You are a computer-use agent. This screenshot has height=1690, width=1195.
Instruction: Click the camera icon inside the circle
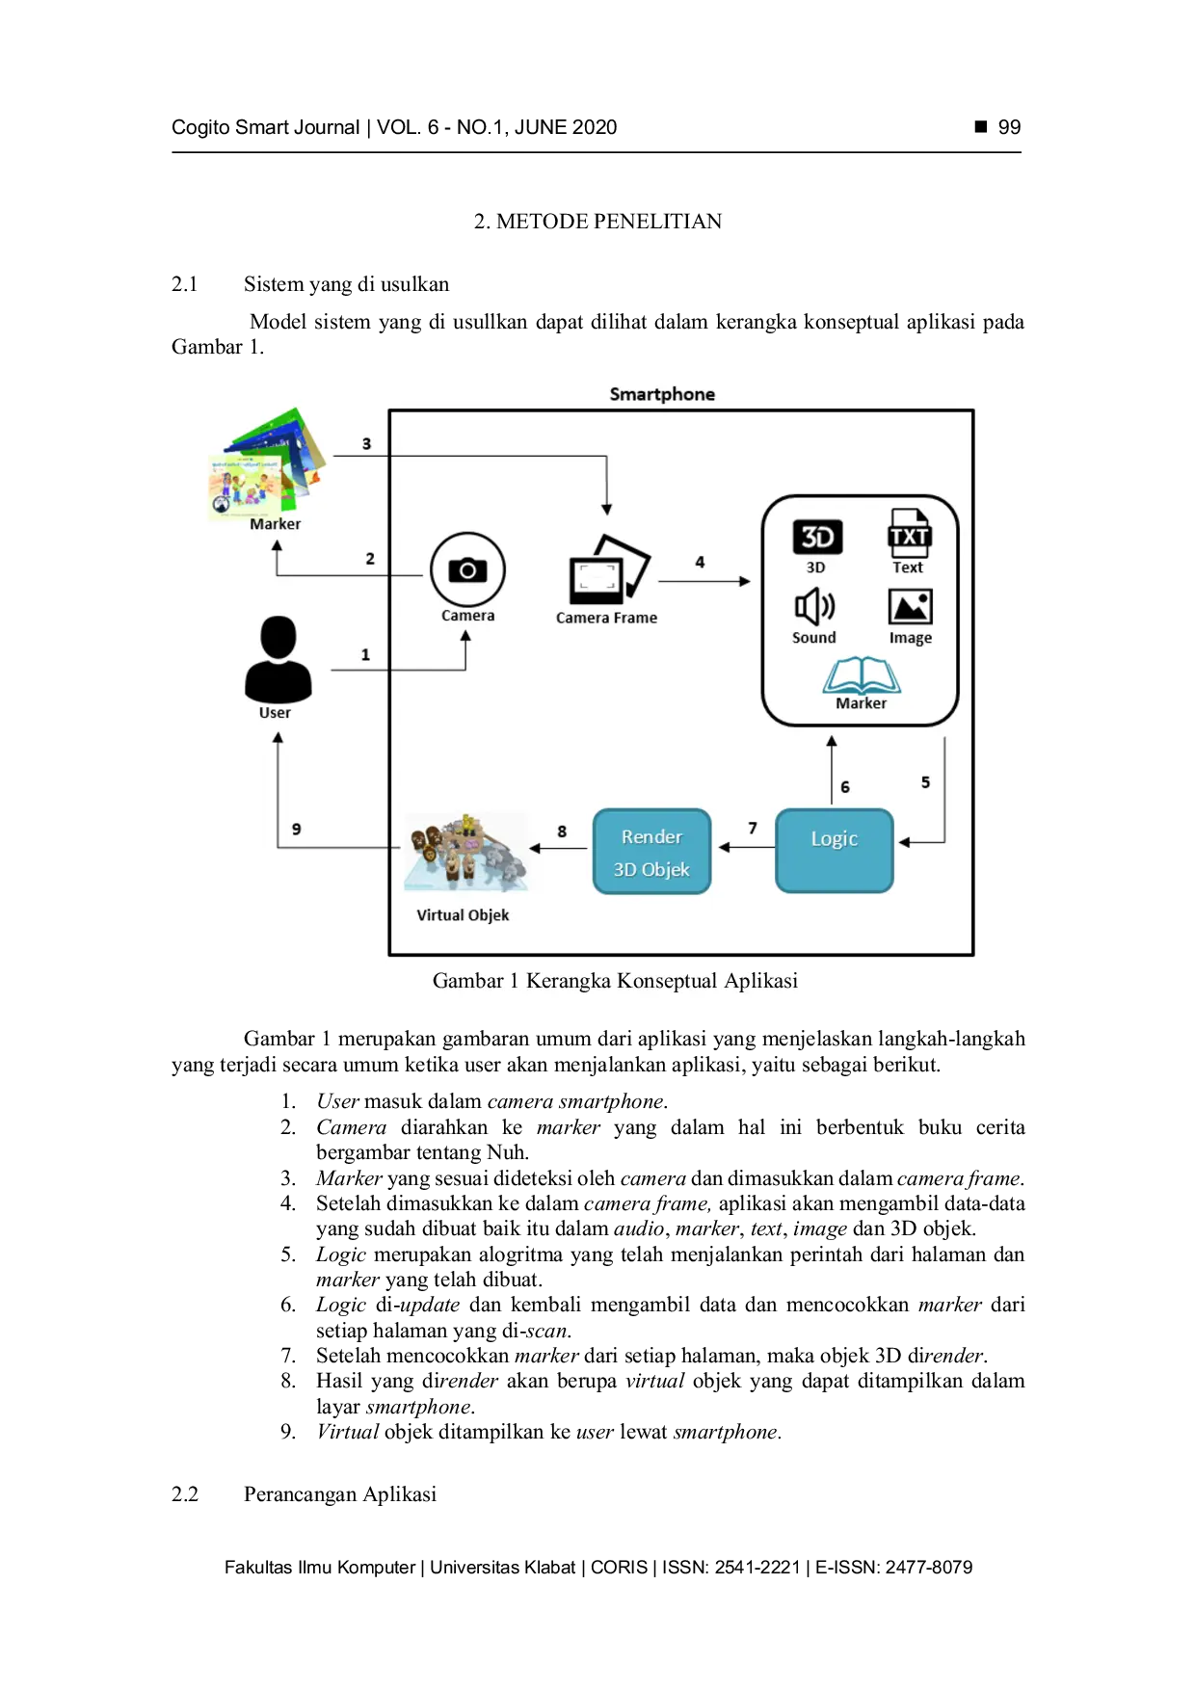[467, 569]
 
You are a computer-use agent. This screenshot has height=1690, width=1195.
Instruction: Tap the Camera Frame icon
[607, 570]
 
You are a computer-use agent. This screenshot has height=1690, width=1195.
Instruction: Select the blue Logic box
[835, 851]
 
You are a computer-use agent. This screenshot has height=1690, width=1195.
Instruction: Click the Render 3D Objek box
[651, 852]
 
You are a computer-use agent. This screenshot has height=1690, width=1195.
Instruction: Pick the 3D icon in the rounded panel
[817, 537]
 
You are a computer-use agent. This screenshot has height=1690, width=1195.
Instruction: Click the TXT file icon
[909, 534]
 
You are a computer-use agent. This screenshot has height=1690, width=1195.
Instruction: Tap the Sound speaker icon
[814, 607]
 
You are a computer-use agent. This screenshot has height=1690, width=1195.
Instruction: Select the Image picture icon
[910, 607]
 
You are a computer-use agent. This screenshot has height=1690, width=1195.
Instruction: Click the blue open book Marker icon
[861, 675]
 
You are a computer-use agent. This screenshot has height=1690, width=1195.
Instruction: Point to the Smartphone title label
[662, 394]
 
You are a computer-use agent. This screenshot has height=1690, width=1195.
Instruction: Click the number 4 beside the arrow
[700, 562]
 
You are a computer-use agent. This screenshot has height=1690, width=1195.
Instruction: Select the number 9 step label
[296, 829]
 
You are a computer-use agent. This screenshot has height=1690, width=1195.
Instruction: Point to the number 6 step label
[845, 787]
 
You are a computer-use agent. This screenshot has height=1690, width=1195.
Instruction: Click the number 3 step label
[366, 444]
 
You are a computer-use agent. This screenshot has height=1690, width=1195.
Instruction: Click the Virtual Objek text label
[463, 915]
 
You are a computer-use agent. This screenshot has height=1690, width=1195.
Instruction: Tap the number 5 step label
[925, 782]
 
